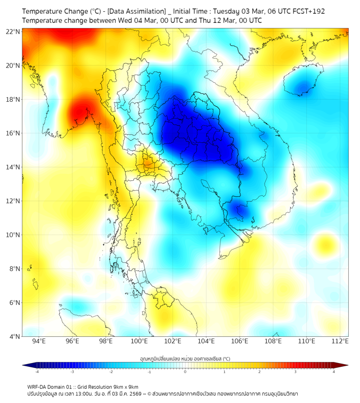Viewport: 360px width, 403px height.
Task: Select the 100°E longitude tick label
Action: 139,342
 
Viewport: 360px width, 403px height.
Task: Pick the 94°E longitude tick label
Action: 39,342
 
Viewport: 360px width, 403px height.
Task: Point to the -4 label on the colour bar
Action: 37,372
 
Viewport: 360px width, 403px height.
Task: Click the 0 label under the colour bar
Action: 185,372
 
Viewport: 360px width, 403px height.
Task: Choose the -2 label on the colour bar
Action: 111,372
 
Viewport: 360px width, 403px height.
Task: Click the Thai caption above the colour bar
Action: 185,358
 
